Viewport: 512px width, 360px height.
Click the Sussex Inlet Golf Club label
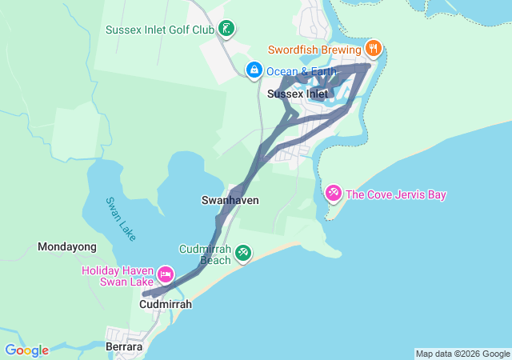tap(160, 30)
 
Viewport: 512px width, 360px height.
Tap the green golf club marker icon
tap(226, 30)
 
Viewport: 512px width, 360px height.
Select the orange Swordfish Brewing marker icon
tap(374, 49)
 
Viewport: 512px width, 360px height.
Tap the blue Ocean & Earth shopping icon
tap(254, 70)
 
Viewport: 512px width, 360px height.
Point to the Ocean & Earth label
tap(302, 71)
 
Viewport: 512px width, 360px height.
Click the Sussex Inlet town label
tap(298, 94)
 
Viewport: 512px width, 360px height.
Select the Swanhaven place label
tap(230, 199)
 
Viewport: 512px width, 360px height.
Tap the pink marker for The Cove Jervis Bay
tap(334, 194)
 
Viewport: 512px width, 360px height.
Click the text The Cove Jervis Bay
tap(396, 194)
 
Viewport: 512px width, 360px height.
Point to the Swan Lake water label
tap(121, 217)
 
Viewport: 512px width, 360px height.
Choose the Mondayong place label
tap(67, 247)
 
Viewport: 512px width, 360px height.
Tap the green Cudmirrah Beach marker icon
tap(243, 254)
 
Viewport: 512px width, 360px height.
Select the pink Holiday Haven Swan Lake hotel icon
tap(166, 275)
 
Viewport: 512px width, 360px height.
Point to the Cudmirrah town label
tap(166, 304)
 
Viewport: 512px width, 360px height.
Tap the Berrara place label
tap(124, 347)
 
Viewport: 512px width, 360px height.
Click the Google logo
tap(26, 350)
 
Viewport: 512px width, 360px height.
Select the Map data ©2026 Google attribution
tap(462, 354)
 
